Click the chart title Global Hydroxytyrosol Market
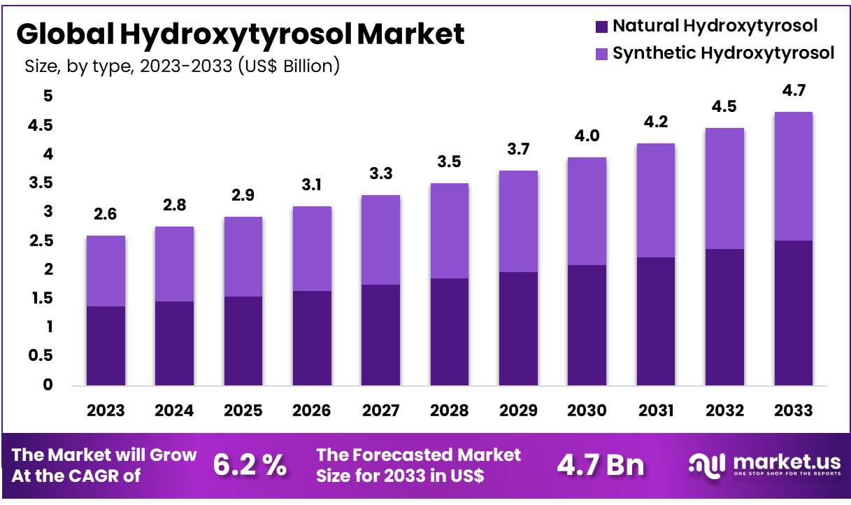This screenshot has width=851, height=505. point(240,34)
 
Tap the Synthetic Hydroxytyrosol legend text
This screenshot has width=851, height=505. point(723,53)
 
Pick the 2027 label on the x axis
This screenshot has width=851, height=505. point(380,411)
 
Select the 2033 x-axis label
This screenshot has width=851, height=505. point(793,411)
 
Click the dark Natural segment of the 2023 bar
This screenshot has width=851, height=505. point(106,346)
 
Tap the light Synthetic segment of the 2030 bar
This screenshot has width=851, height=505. point(587,211)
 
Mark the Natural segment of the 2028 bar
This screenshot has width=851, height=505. point(449,332)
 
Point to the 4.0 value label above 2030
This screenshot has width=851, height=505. point(587,136)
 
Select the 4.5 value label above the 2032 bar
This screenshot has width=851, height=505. point(724,106)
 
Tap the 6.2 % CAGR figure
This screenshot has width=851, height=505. point(250,465)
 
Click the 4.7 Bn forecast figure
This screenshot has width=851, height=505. point(601,465)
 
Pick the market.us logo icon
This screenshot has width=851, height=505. point(706,464)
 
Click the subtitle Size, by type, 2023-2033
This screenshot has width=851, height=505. point(182,66)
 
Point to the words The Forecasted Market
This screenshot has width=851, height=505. point(418,455)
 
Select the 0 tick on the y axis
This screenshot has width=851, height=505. point(46,385)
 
